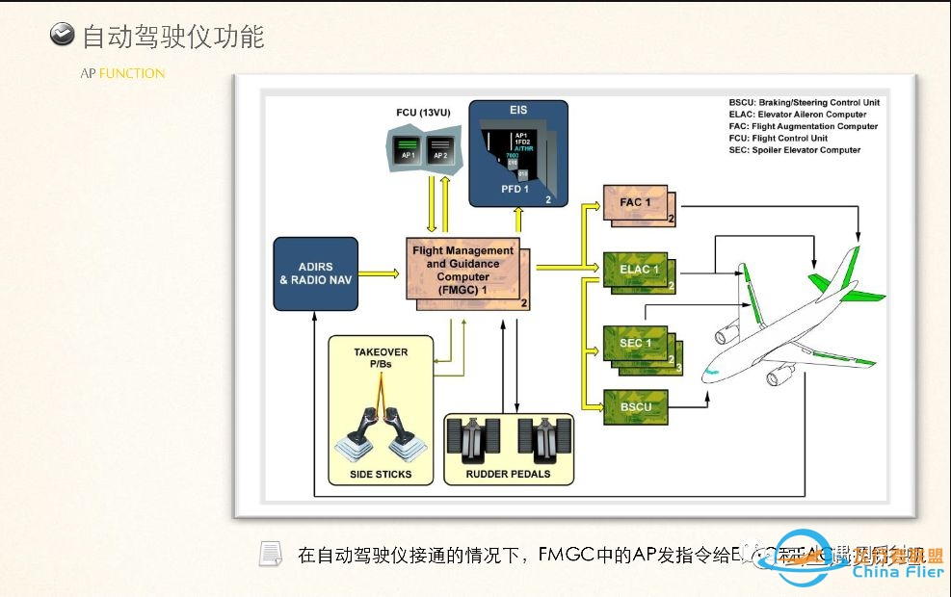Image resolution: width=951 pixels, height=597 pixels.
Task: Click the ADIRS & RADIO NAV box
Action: click(x=316, y=273)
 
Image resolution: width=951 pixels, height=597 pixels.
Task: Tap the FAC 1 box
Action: click(x=636, y=203)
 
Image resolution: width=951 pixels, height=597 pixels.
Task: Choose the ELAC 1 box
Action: click(x=636, y=270)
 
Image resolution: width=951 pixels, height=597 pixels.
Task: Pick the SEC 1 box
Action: click(x=636, y=344)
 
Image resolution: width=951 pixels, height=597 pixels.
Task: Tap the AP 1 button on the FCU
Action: click(x=409, y=151)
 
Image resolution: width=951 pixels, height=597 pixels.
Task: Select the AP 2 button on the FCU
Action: click(x=440, y=151)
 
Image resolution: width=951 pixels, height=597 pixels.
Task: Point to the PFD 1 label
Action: click(x=515, y=189)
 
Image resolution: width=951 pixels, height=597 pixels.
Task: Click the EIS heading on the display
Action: click(x=518, y=111)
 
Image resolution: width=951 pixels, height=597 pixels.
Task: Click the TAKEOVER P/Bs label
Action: click(x=381, y=358)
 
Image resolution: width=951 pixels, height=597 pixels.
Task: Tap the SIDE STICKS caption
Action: click(x=381, y=474)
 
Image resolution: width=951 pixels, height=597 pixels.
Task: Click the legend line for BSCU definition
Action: click(x=804, y=102)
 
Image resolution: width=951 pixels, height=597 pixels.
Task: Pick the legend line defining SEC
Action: click(x=795, y=150)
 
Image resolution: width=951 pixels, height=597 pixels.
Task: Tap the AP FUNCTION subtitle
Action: click(x=122, y=73)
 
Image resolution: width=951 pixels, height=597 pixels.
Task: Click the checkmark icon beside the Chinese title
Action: click(x=62, y=36)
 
